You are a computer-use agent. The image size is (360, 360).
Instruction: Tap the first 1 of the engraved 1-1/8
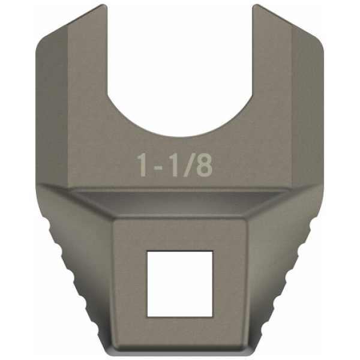(142, 166)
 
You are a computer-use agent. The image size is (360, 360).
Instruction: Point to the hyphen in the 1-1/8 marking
(157, 167)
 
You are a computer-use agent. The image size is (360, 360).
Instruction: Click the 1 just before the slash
(172, 166)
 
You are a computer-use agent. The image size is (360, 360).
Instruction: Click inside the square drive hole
(180, 284)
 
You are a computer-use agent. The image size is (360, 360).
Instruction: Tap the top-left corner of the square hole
(148, 251)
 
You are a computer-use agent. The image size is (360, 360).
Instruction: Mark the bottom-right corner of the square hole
(212, 317)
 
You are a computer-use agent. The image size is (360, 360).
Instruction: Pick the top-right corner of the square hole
(212, 251)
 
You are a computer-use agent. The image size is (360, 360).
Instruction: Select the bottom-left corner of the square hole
(148, 317)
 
